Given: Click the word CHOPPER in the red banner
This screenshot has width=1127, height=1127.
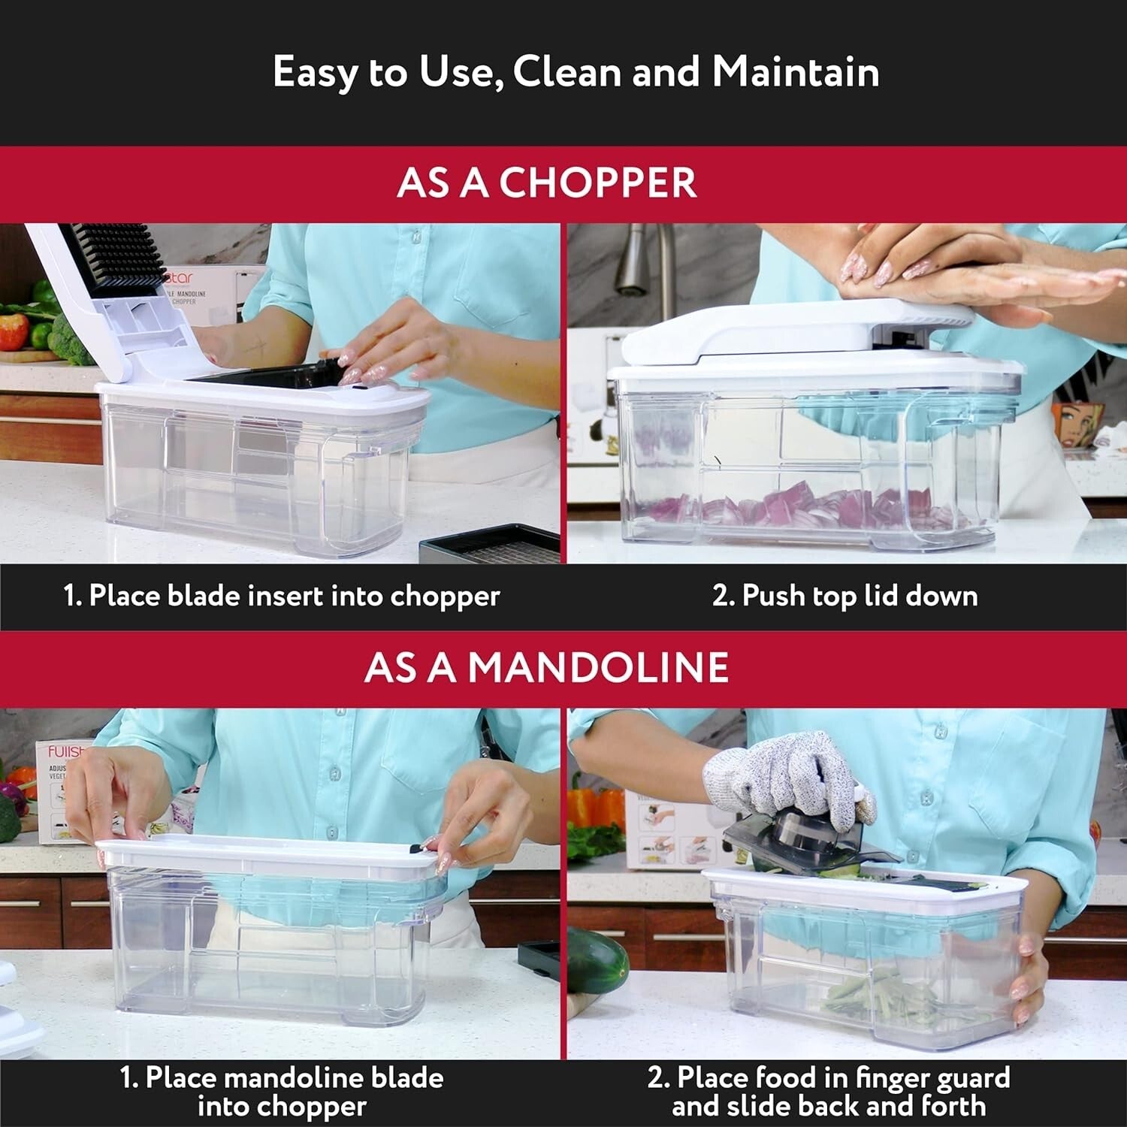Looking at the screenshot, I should pyautogui.click(x=598, y=183).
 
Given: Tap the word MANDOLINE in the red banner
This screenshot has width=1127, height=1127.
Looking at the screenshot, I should pyautogui.click(x=598, y=667).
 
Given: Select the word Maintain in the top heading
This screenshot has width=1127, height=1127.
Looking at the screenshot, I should pyautogui.click(x=795, y=72).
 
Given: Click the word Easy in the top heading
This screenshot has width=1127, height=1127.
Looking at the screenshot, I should pyautogui.click(x=315, y=74).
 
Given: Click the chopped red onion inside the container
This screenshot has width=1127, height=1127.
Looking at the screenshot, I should pyautogui.click(x=796, y=507).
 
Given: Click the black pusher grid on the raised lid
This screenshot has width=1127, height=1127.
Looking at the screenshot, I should pyautogui.click(x=113, y=255).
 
